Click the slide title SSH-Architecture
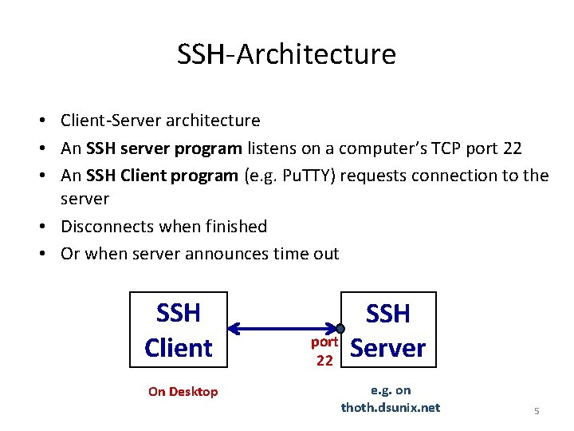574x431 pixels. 286,54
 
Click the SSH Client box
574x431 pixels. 179,330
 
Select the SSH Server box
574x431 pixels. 388,330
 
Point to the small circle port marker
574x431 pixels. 340,328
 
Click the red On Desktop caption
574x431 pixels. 183,391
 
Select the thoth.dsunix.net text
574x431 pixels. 390,407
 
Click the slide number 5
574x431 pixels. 537,411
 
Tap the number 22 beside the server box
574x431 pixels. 324,360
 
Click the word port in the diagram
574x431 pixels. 324,342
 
